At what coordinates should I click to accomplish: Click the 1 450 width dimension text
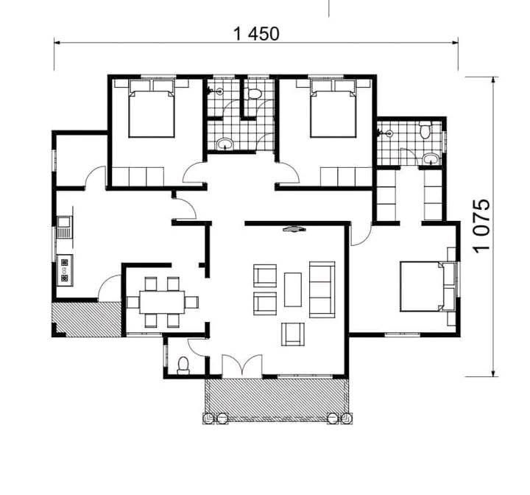257,34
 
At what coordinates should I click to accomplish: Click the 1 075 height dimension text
481,225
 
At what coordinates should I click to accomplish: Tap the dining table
162,302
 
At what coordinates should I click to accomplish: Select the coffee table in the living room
293,289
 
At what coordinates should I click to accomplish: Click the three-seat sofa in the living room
322,289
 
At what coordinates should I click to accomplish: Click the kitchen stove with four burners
64,270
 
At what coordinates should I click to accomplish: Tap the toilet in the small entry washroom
183,365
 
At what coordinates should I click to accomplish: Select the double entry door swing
242,365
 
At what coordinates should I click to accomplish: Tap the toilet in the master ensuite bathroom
425,130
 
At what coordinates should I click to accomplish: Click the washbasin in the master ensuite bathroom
431,158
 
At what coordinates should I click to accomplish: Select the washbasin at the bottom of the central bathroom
225,144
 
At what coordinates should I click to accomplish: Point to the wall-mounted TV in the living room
294,229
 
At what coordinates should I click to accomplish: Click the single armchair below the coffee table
293,334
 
